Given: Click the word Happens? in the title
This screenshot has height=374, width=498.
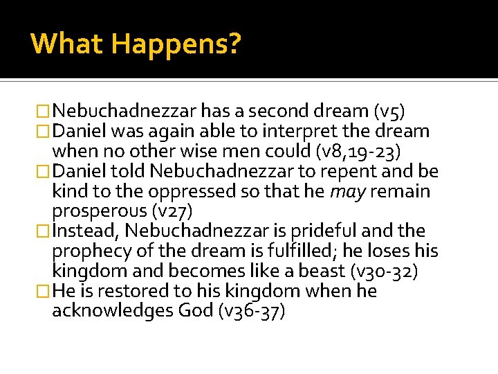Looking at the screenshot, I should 176,44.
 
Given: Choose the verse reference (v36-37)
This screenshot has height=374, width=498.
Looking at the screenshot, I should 251,312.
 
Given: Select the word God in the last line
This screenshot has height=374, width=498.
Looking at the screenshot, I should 196,312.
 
